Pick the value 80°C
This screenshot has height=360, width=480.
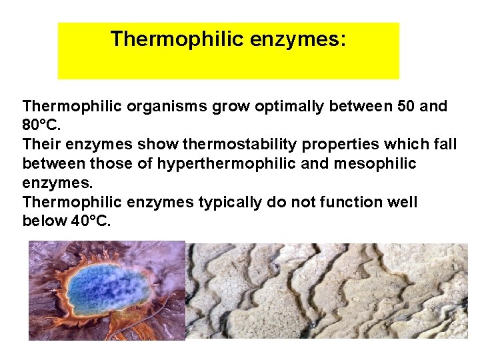pyautogui.click(x=41, y=125)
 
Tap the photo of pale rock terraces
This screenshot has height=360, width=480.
pyautogui.click(x=327, y=291)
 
